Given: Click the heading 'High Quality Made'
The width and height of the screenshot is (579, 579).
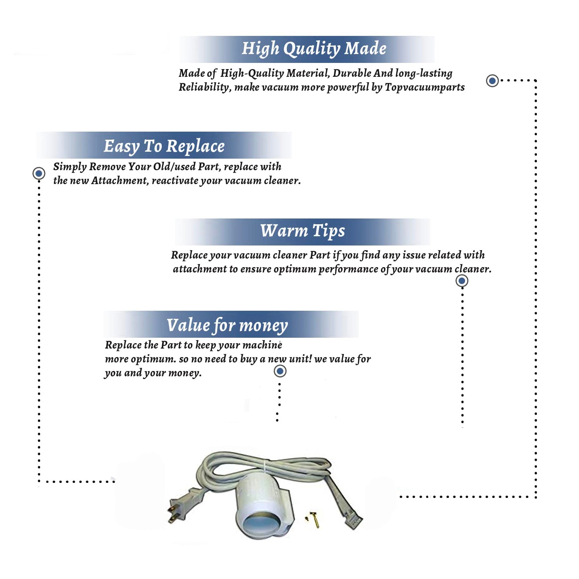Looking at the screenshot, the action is pos(314,49).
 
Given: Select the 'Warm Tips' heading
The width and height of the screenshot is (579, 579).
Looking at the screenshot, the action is pos(303,231).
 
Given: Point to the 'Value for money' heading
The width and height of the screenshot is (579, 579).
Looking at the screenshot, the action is pos(227,325).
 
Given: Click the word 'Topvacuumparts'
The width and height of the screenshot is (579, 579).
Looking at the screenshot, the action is pos(425,88).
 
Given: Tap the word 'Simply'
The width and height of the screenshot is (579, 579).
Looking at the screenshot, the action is pos(70,167).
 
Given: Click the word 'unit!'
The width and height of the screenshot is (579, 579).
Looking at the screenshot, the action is pos(300,359).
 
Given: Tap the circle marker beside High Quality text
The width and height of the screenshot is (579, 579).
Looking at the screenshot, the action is pos(492,81).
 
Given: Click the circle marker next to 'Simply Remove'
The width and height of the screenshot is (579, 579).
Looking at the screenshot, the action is pos(39,173).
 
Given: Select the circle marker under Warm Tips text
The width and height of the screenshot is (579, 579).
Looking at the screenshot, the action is pos(462,281).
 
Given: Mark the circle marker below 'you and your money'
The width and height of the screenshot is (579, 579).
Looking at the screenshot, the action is pos(280,371).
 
